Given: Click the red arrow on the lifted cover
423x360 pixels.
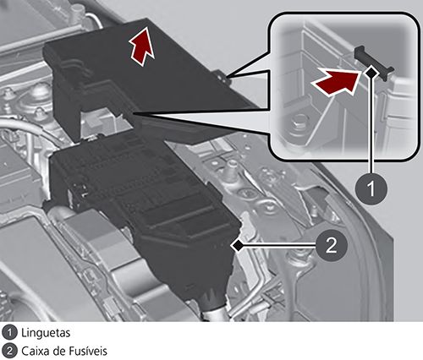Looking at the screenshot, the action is (x=142, y=46).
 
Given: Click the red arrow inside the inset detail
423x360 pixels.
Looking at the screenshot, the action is (x=337, y=82).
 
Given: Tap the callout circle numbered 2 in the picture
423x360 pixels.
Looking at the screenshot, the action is (x=331, y=245).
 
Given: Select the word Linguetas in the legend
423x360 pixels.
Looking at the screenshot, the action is (x=46, y=333).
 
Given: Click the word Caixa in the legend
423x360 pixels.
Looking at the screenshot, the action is (x=36, y=352).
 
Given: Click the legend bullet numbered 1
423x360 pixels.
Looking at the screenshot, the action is (x=9, y=333).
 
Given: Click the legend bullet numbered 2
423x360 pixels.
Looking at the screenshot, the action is (x=9, y=352).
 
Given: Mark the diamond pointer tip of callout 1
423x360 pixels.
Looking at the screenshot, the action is (x=371, y=73).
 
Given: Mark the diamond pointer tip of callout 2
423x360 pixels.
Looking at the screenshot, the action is (x=237, y=245).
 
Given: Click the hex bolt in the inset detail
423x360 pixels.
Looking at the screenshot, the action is (x=297, y=123).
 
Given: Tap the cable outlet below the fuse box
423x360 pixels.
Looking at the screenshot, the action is (x=214, y=307).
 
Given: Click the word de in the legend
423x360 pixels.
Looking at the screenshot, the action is (x=59, y=352).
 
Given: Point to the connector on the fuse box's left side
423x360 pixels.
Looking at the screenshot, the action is (x=79, y=192).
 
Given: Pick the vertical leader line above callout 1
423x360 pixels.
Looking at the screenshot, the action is (x=371, y=125).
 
